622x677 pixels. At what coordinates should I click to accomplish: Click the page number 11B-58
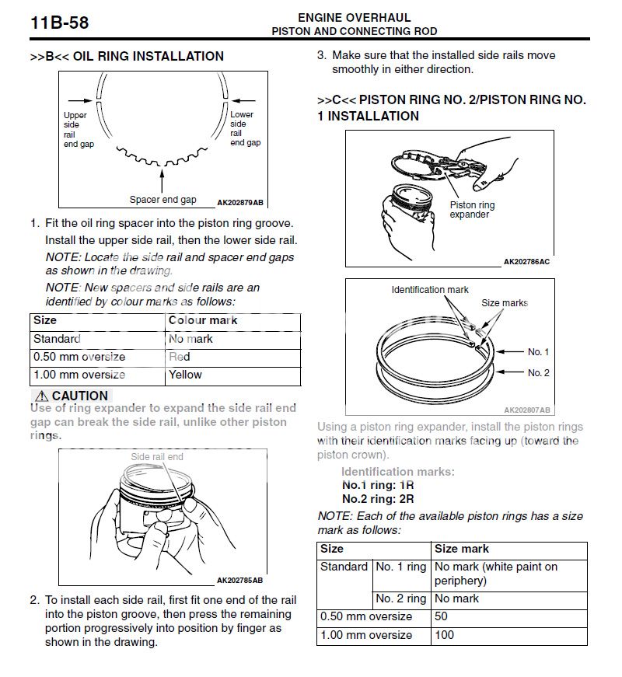(x=60, y=22)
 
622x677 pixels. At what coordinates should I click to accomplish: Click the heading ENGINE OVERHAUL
(x=354, y=17)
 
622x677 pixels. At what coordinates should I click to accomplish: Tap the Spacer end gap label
(x=162, y=200)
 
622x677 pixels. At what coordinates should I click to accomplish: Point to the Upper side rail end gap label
(x=78, y=129)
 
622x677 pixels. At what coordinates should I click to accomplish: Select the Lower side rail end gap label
(x=245, y=129)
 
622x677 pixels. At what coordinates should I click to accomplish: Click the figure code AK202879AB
(x=239, y=203)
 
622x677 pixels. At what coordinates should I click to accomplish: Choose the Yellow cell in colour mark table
(x=185, y=375)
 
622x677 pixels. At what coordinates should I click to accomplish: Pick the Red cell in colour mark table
(x=180, y=357)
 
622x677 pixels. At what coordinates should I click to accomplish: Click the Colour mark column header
(x=203, y=320)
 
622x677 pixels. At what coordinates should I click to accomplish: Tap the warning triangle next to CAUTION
(x=40, y=396)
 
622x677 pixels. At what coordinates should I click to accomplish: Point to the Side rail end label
(x=157, y=457)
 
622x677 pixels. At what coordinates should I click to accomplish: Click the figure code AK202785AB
(x=239, y=580)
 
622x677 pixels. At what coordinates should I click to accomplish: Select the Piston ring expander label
(x=472, y=210)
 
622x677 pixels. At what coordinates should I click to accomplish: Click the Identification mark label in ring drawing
(x=430, y=290)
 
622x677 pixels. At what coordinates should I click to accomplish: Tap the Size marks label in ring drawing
(x=504, y=303)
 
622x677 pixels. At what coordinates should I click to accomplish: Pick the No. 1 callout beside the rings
(x=538, y=352)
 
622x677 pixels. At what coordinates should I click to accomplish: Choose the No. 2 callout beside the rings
(x=538, y=373)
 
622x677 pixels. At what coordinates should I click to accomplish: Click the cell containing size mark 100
(x=445, y=635)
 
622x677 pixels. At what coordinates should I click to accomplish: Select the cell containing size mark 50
(x=442, y=616)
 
